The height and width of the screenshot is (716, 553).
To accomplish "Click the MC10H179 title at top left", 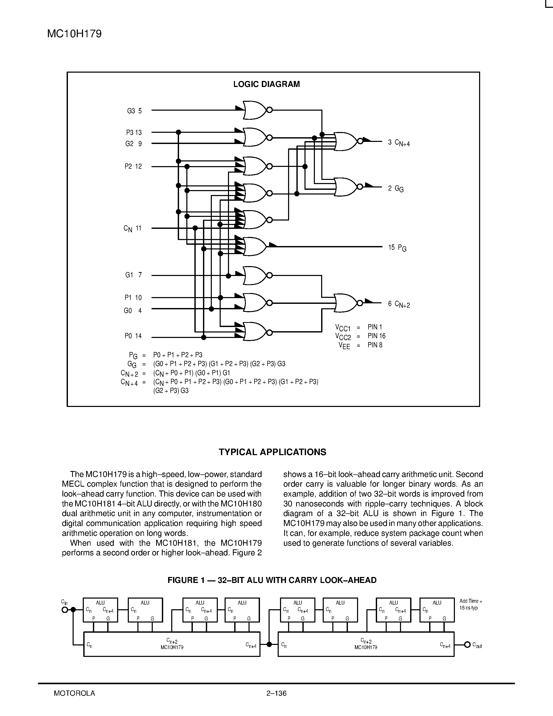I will point(74,34).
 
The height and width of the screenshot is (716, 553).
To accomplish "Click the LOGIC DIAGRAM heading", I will point(266,84).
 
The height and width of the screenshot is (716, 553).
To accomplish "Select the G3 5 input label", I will point(134,111).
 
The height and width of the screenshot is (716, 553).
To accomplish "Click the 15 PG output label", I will point(397,248).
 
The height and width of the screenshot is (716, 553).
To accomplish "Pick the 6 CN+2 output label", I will point(399,304).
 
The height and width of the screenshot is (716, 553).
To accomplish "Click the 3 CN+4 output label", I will point(399,143).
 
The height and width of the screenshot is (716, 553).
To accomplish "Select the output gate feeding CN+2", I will point(346,303).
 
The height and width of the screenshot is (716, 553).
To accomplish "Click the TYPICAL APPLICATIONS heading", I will point(272,452).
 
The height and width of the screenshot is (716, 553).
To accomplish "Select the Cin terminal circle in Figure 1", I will point(65,610).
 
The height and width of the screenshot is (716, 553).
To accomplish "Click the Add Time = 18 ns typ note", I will point(471,604).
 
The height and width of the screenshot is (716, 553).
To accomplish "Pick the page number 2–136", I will point(276,693).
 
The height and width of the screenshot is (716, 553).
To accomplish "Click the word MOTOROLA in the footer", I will point(74,693).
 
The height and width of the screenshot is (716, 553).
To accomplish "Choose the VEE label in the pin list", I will point(344,345).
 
